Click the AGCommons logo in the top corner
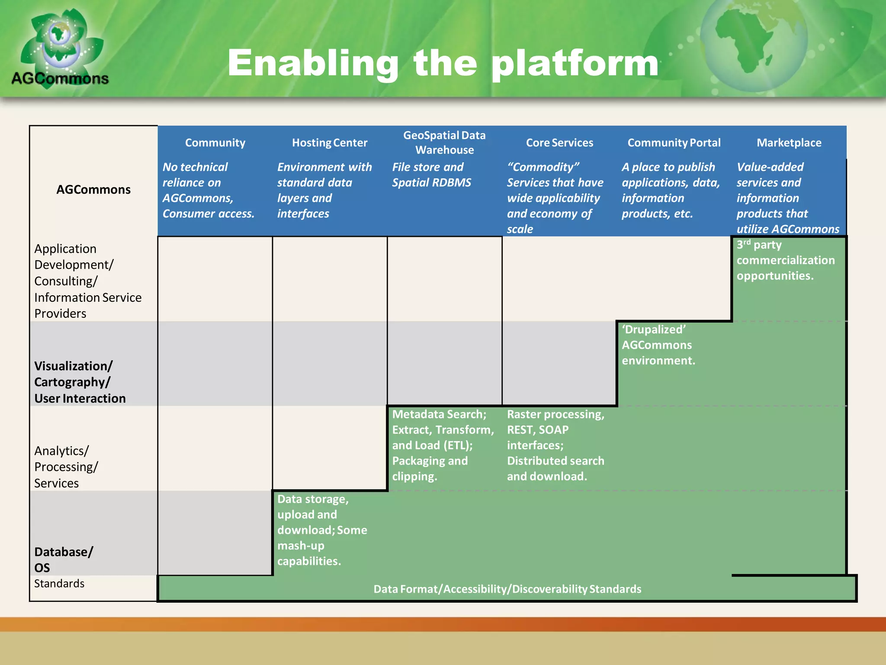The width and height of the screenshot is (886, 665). click(x=61, y=48)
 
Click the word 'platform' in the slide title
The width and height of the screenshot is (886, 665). click(x=575, y=64)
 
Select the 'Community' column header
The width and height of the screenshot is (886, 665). click(x=215, y=142)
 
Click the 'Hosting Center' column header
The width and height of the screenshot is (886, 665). click(x=330, y=142)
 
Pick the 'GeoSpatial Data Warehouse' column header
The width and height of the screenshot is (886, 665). click(x=444, y=142)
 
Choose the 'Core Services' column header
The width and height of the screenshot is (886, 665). click(x=559, y=142)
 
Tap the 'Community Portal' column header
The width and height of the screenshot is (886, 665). click(x=674, y=142)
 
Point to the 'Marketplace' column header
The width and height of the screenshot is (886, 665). click(x=789, y=142)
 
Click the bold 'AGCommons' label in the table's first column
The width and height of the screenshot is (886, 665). click(x=93, y=190)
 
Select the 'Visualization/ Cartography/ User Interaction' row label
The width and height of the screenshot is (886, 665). click(x=80, y=382)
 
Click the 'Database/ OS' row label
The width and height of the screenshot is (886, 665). click(x=64, y=559)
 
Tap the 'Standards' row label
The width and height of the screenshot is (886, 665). click(x=59, y=584)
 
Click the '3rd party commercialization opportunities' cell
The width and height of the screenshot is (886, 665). click(x=785, y=260)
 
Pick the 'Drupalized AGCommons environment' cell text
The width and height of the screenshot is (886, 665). click(x=658, y=345)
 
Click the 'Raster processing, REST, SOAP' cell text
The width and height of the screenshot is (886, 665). click(x=555, y=445)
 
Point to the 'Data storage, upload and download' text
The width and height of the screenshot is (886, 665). click(x=322, y=530)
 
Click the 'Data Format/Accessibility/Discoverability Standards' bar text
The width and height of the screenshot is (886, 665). click(x=507, y=589)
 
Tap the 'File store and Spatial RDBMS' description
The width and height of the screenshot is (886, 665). click(x=431, y=174)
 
